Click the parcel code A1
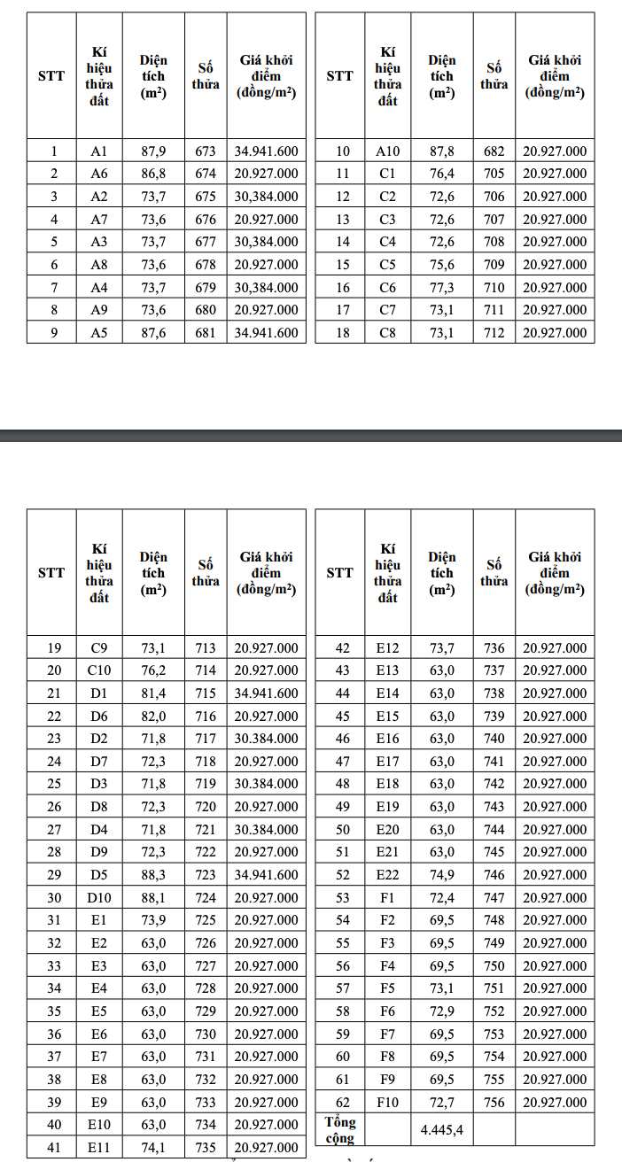click(99, 151)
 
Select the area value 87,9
click(153, 151)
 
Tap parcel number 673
click(206, 151)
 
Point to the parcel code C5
click(387, 265)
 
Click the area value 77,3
click(441, 287)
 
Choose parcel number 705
click(494, 174)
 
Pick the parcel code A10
click(388, 151)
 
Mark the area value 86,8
click(153, 174)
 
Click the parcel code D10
click(99, 897)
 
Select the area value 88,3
click(153, 875)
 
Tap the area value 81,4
click(153, 693)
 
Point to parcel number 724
click(206, 897)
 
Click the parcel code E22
click(388, 875)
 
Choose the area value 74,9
click(441, 875)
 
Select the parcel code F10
click(388, 1103)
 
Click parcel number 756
click(494, 1103)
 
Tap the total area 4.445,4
click(441, 1130)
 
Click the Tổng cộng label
click(339, 1130)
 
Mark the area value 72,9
click(441, 1011)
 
